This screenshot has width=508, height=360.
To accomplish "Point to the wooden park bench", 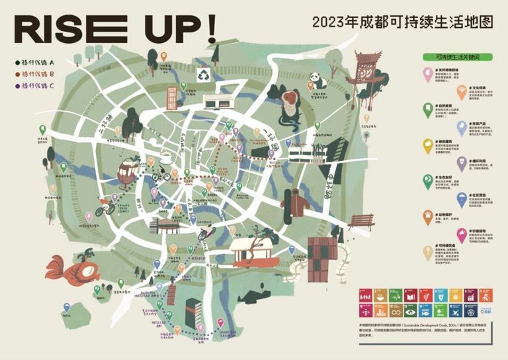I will [x=361, y=222].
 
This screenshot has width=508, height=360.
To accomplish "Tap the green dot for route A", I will [x=17, y=63].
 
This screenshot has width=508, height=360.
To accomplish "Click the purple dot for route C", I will [x=17, y=85].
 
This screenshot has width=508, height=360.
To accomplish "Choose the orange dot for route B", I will [x=17, y=74].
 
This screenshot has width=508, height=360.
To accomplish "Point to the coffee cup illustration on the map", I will [x=163, y=157].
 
